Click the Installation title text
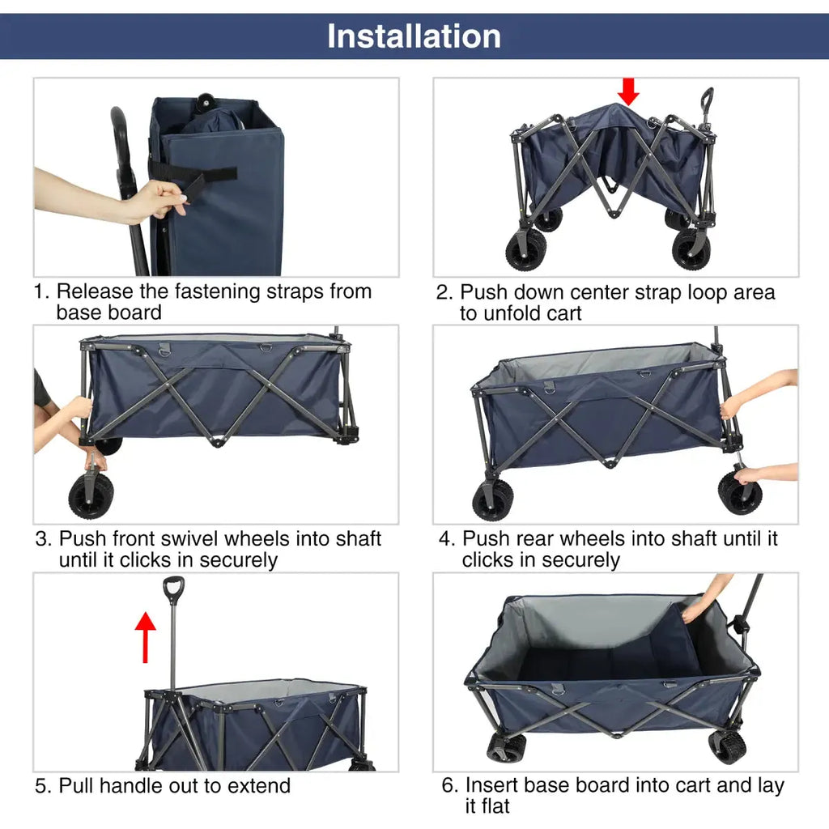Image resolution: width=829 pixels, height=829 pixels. tap(414, 36)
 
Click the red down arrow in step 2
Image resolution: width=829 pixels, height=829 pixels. tap(628, 91)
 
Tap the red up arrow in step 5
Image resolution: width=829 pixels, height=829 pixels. tap(146, 636)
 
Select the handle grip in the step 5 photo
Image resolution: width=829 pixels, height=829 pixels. tap(173, 589)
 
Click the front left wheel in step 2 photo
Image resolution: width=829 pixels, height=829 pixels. tap(526, 249)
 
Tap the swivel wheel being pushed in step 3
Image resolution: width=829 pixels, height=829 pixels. tap(91, 495)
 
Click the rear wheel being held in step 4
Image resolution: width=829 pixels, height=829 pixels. tap(739, 493)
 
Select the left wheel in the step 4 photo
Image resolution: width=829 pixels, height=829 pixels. tap(492, 500)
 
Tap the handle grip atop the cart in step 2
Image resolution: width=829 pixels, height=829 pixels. tap(707, 99)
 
